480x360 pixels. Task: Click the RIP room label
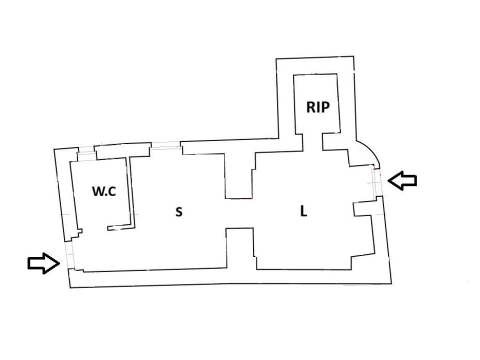(318, 107)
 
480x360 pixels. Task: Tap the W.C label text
(104, 191)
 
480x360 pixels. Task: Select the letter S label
(179, 211)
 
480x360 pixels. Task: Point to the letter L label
(303, 211)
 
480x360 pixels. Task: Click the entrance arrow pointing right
(43, 263)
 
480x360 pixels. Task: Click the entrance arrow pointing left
(402, 180)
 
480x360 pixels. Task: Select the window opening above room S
(165, 145)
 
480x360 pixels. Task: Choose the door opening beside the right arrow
(377, 182)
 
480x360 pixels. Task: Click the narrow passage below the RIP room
(312, 141)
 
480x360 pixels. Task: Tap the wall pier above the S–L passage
(239, 176)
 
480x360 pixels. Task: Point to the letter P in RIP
(325, 107)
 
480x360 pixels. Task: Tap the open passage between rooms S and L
(239, 213)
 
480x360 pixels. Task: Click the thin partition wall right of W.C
(130, 193)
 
